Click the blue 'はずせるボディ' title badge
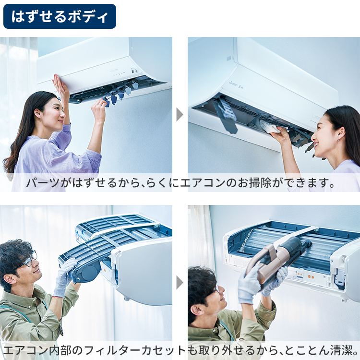pos(60,17)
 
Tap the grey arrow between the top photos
pos(180,114)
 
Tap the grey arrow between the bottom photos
pos(180,282)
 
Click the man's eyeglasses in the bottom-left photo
pos(29,260)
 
